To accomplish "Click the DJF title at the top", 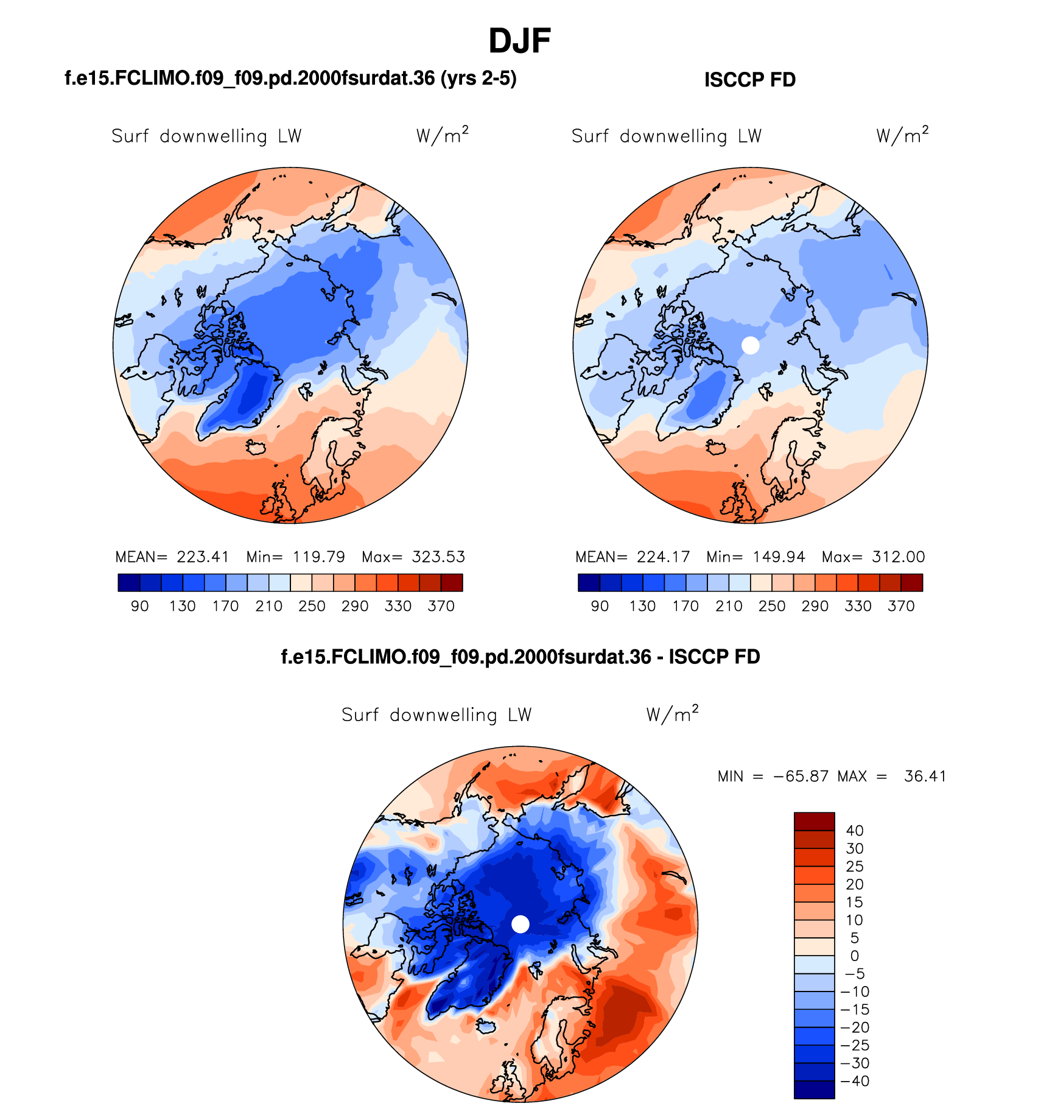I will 519,41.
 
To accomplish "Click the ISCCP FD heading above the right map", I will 749,80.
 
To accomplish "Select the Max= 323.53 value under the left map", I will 413,557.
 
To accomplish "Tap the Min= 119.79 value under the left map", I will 296,557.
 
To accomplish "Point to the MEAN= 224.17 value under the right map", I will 633,557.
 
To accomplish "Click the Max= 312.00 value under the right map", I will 873,557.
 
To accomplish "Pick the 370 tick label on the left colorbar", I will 441,606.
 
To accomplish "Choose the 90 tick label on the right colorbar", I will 600,606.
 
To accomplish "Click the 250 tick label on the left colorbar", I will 312,606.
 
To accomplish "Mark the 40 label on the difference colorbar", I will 855,831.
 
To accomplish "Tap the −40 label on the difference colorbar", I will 855,1081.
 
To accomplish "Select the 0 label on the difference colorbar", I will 855,956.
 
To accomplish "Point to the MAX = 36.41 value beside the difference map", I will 892,777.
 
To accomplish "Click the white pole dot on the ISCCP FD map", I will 751,345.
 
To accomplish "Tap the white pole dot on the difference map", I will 520,924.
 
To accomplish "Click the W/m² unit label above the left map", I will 442,135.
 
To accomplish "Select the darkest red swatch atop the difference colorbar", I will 814,822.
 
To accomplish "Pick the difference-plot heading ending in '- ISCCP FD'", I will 520,657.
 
